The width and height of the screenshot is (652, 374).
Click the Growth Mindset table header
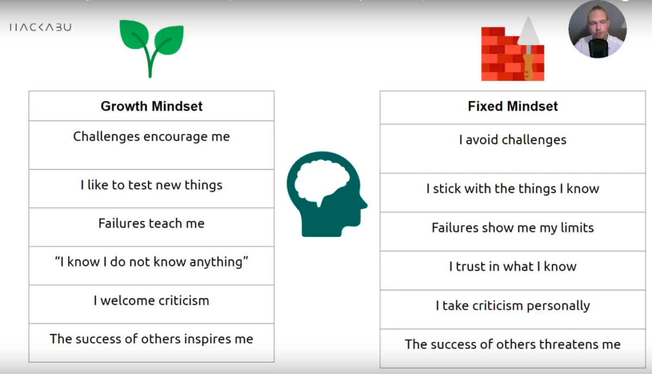pos(152,106)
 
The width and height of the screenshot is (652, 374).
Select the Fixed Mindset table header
pos(512,107)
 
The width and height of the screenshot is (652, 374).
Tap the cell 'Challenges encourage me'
pos(152,145)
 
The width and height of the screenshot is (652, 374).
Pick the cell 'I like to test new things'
pos(152,189)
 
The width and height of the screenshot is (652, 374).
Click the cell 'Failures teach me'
pos(152,227)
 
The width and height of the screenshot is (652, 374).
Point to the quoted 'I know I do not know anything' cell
pos(152,266)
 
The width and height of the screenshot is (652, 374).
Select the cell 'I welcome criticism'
pos(152,304)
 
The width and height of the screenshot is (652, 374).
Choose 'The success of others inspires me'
pos(152,342)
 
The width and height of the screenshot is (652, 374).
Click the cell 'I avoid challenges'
pos(512,149)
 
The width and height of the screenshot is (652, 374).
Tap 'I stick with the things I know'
pos(512,193)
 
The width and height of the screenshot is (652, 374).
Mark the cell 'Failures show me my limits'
pos(512,232)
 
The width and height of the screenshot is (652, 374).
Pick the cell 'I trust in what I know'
pos(512,271)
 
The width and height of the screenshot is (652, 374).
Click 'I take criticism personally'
pos(512,310)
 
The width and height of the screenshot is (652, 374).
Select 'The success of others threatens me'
pos(512,348)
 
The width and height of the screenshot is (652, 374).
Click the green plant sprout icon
pos(152,48)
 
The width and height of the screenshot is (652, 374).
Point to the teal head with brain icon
pos(327,194)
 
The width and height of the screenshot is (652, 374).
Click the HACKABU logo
pos(40,27)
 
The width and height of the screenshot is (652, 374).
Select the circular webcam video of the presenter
pos(597,29)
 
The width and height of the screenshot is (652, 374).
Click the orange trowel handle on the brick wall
pos(528,67)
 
